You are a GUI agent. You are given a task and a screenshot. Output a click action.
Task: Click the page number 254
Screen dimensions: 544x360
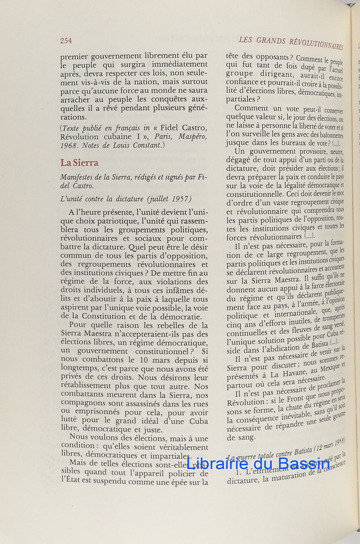[x=66, y=41]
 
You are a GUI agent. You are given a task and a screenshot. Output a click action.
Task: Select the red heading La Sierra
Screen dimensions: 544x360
[x=79, y=163]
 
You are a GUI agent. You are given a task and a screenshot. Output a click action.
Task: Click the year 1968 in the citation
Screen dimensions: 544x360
[x=69, y=145]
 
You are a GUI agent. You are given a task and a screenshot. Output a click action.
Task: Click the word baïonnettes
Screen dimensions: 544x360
[x=325, y=135]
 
